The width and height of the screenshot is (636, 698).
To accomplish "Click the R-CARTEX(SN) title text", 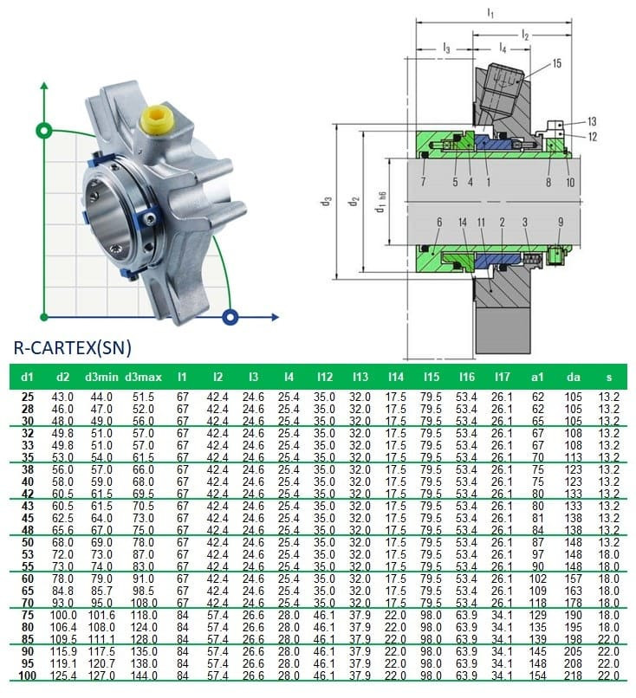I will click(x=72, y=348).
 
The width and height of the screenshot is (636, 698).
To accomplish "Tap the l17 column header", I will click(x=502, y=378).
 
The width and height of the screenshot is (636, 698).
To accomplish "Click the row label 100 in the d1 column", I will click(x=28, y=675).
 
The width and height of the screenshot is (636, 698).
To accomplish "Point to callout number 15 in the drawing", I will click(x=556, y=63).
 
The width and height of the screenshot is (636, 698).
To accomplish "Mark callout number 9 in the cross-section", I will click(x=560, y=223).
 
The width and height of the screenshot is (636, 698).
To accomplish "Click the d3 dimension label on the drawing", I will click(x=327, y=201).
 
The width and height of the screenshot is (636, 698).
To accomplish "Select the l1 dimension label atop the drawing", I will click(x=490, y=13).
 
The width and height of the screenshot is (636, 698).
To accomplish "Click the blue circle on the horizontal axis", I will click(x=230, y=315).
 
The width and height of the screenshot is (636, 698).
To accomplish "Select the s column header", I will click(x=608, y=378).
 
